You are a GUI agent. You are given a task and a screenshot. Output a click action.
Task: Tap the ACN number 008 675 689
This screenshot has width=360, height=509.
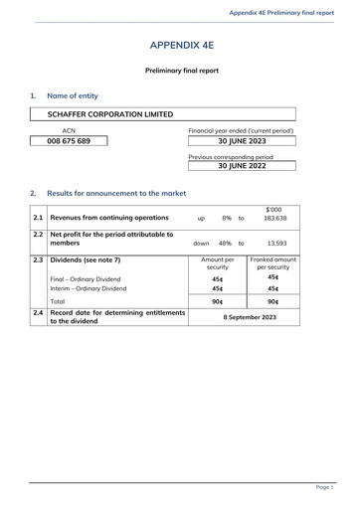tap(69, 141)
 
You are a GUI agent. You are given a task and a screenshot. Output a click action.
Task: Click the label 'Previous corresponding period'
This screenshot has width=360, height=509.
tap(230, 156)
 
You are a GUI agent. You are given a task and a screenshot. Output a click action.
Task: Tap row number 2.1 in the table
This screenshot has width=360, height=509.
tap(37, 217)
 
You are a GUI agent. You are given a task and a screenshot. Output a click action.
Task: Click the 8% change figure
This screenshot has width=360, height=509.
tap(227, 217)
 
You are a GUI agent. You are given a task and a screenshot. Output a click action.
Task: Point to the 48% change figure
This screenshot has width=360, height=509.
tap(225, 243)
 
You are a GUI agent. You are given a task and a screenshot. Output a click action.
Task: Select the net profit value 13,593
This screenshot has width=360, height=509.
tap(279, 243)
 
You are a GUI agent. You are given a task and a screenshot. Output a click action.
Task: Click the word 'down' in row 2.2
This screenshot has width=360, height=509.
tap(201, 243)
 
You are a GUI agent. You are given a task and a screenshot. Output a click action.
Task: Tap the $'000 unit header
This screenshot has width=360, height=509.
tap(277, 209)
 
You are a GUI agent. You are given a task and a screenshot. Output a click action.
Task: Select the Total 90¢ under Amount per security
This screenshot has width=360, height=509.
tap(217, 301)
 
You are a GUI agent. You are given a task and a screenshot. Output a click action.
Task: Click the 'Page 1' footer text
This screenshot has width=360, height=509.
tap(324, 488)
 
